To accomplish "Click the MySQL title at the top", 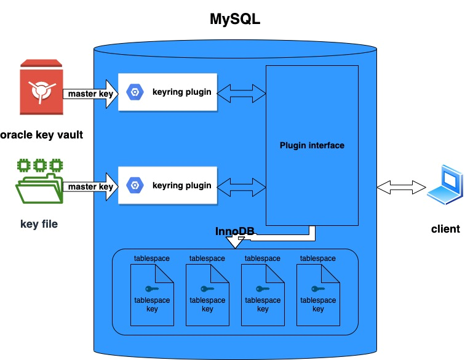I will click(x=236, y=19).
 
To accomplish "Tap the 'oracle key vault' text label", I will click(x=41, y=135).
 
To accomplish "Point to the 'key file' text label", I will click(x=39, y=224).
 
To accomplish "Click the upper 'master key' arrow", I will click(x=90, y=94).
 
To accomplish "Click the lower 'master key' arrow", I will click(x=90, y=186).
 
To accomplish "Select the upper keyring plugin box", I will click(x=167, y=92).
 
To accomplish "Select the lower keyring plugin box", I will click(x=167, y=185).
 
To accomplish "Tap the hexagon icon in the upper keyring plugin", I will click(x=134, y=92).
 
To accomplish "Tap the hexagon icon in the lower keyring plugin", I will click(x=134, y=185).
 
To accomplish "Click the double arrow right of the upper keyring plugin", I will click(x=241, y=94).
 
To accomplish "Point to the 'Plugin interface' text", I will click(x=312, y=146).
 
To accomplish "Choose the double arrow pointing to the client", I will click(x=402, y=186).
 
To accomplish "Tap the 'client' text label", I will click(x=445, y=229).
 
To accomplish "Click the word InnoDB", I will click(x=235, y=232).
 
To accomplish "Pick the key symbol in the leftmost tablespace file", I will click(x=152, y=289).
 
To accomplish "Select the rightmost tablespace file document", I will click(x=318, y=295).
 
